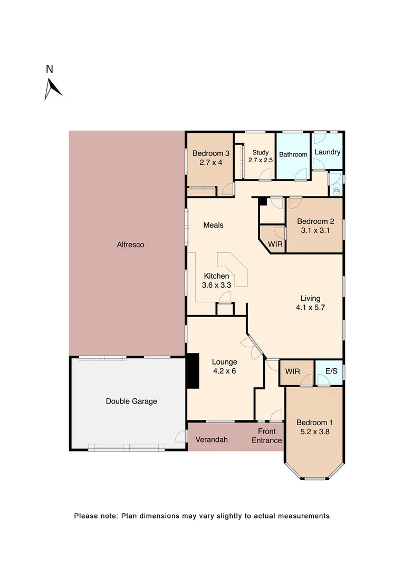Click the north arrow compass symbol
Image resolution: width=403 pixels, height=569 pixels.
point(52,89)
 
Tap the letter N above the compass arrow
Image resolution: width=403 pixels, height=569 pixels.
point(49,69)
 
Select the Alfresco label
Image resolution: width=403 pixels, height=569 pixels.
point(130,244)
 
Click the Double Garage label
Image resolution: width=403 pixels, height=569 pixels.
point(131,401)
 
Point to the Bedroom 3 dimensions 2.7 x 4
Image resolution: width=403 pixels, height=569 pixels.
point(211,163)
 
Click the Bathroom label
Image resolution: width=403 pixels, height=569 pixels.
point(293,154)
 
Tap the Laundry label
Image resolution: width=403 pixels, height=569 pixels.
point(327,152)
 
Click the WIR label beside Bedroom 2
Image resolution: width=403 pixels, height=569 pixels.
point(275,245)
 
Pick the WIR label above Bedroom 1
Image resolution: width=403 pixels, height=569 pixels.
point(292,371)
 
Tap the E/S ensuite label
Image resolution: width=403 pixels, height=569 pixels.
point(331,371)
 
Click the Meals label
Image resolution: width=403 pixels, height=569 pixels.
point(214,225)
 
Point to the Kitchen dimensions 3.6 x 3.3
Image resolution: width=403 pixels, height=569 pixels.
point(217,285)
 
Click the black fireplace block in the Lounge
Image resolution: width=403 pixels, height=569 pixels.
point(193,371)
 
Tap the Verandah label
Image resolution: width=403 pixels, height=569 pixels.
point(212,439)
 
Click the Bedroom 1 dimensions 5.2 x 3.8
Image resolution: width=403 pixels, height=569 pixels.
point(314,431)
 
